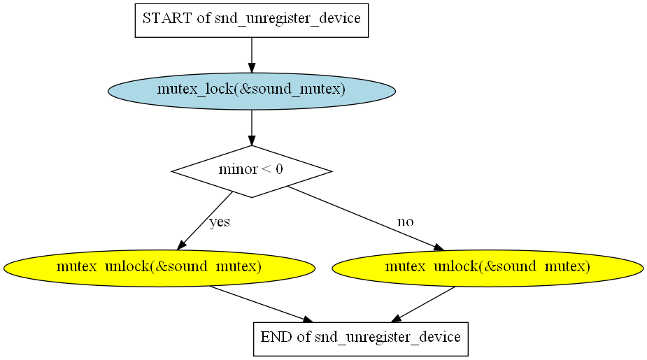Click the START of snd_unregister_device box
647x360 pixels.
point(252,20)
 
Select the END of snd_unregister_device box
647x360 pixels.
point(361,339)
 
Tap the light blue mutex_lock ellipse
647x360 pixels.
point(252,91)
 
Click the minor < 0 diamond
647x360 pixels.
point(252,171)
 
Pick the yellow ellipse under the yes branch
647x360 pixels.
point(159,268)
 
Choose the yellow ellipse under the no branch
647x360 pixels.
point(488,268)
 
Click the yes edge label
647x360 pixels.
point(220,222)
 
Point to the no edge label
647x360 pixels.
point(405,222)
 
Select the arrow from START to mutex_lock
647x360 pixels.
point(252,55)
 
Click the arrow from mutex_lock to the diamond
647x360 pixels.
point(252,127)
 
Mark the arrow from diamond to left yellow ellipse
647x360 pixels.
point(205,221)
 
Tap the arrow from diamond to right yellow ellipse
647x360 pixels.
point(366,218)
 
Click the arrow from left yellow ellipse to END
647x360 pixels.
point(261,304)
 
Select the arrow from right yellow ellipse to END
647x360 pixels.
point(423,304)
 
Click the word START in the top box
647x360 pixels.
point(167,18)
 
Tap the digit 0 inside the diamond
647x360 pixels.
point(279,169)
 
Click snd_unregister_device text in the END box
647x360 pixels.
point(388,338)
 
